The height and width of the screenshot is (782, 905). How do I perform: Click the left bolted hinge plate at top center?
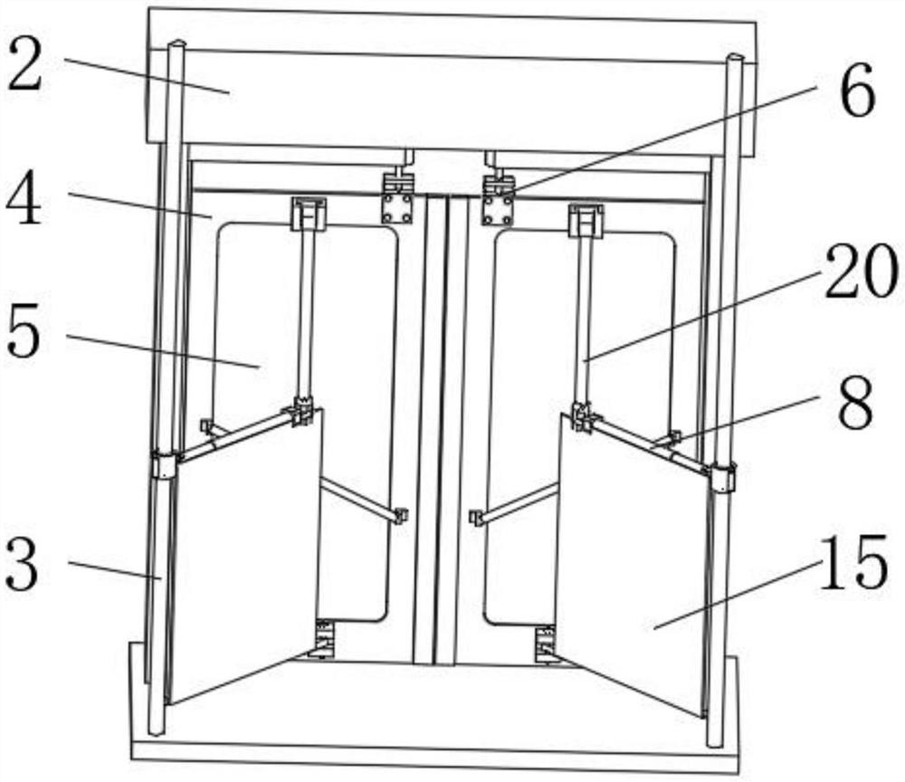pos(397,207)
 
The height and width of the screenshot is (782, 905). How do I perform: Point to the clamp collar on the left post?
pos(165,465)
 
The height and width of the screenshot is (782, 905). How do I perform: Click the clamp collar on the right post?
pos(722,476)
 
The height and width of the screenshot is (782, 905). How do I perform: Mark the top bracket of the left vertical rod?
pos(307,215)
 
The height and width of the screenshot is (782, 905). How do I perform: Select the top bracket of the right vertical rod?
pos(586,220)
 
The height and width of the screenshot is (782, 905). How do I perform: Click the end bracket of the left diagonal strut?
pos(399,516)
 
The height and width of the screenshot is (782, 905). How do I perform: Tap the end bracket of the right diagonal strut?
pos(475,518)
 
